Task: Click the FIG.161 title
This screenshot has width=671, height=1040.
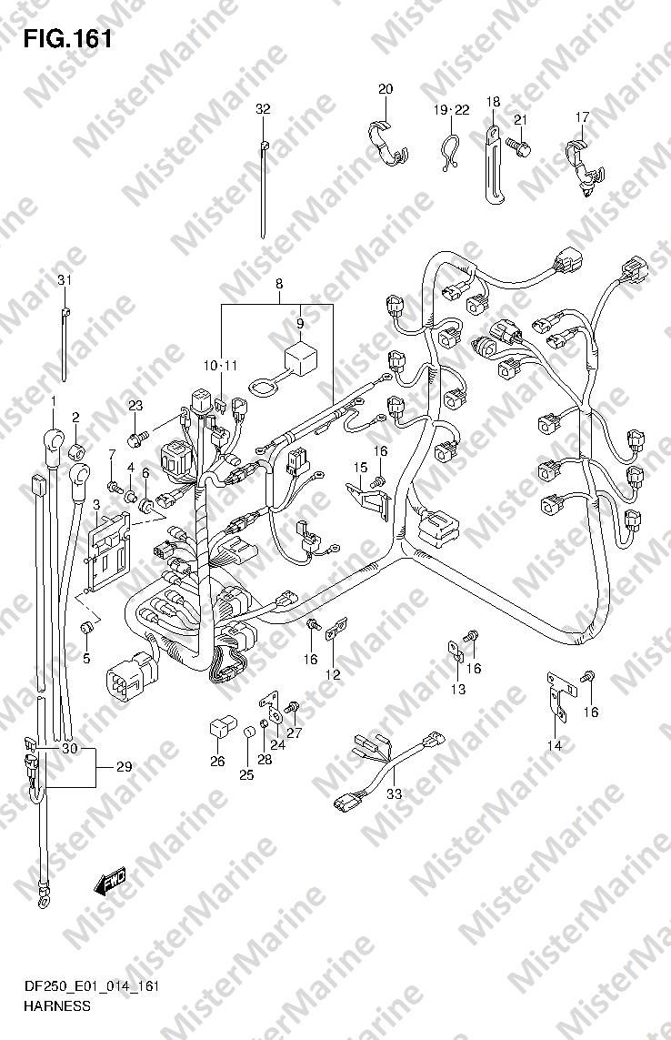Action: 67,39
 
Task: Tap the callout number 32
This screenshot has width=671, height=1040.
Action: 264,109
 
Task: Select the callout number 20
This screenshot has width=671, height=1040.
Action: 386,89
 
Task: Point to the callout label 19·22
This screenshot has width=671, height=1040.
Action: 452,110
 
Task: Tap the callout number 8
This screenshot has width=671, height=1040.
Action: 280,284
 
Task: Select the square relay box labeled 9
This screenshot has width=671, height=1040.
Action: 299,358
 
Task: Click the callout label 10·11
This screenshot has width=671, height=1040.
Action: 220,366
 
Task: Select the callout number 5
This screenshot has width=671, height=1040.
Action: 86,660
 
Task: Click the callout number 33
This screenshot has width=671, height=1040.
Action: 395,793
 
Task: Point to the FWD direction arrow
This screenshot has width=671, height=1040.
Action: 109,883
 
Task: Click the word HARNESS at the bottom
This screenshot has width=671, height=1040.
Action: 56,1006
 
